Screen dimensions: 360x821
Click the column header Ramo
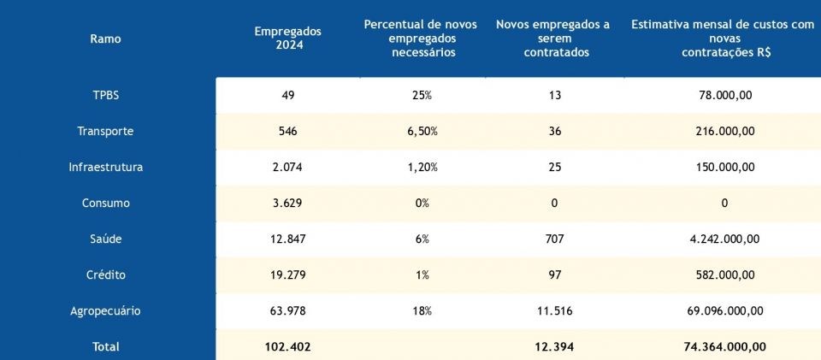(x=105, y=38)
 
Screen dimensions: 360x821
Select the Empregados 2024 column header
(x=287, y=38)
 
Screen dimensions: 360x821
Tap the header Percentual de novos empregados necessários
(x=421, y=38)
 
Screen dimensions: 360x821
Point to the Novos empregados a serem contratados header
(x=553, y=38)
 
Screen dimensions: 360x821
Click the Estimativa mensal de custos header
(x=723, y=38)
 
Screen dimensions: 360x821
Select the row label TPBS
(x=105, y=95)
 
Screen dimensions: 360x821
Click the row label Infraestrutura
(x=105, y=167)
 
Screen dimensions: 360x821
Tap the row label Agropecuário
(x=105, y=311)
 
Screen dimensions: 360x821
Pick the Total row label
(x=105, y=346)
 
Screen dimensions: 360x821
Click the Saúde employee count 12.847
(x=287, y=239)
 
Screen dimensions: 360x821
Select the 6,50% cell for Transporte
(x=421, y=131)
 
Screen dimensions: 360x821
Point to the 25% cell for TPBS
(x=421, y=95)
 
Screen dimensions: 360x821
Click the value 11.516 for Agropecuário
(x=554, y=311)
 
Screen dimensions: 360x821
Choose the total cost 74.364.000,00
(x=724, y=346)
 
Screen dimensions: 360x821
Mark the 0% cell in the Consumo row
(x=421, y=204)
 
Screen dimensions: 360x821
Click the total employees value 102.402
(x=287, y=346)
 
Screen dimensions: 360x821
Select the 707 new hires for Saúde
(x=554, y=239)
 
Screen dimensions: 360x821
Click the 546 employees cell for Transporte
(x=287, y=131)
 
